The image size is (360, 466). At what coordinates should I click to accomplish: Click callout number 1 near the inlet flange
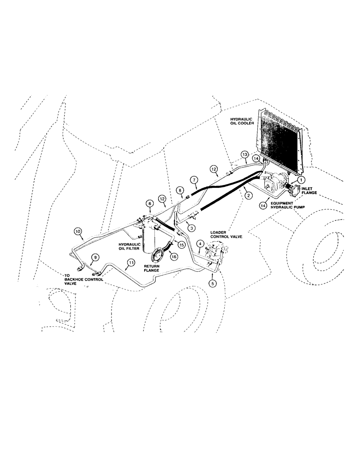(x=301, y=179)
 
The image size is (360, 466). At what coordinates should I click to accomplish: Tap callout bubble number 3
(x=191, y=226)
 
